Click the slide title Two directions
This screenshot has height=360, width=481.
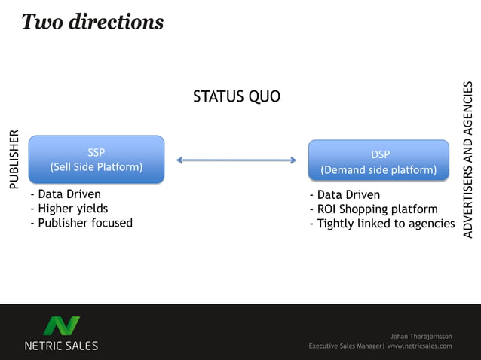coord(92,22)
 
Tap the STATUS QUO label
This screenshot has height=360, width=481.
coord(237,96)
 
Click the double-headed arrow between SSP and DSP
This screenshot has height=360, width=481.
coord(237,160)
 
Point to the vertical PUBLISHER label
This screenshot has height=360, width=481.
coord(12,159)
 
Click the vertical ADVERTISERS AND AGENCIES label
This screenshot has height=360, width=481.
coord(468,160)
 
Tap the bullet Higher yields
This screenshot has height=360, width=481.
coord(69,209)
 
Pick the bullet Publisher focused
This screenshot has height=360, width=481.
coord(81,223)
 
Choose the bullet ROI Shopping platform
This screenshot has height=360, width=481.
coord(373,209)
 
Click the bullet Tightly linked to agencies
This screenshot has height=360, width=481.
coord(381,224)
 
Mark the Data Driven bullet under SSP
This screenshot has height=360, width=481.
coord(66,194)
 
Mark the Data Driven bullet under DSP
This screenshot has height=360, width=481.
coord(345,195)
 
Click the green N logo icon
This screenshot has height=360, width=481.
coord(61,326)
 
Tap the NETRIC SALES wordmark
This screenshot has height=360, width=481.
coord(61,346)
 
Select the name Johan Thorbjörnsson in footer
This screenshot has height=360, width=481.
coord(421,336)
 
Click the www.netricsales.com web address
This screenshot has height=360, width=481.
coord(420,346)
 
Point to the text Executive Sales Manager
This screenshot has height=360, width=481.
coord(345,346)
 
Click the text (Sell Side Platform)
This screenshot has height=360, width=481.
coord(96,166)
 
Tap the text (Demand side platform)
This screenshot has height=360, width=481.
coord(379,170)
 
